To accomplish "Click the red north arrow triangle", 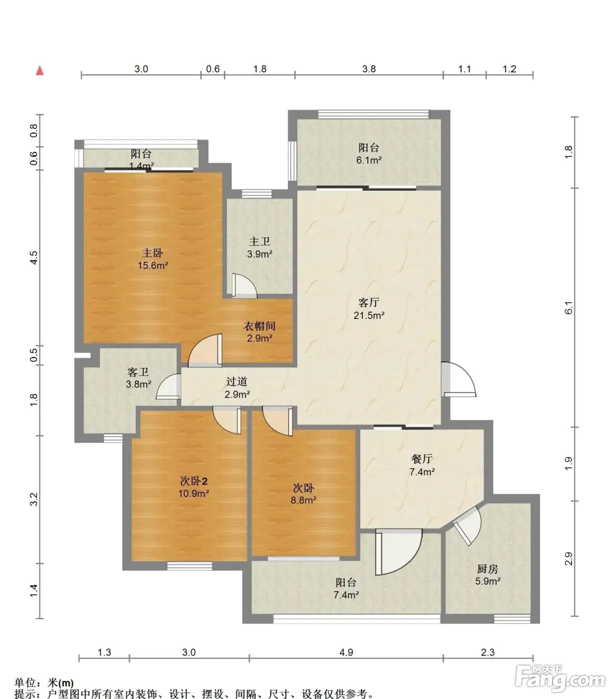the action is point(40,71).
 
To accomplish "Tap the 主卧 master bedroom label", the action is point(153,253).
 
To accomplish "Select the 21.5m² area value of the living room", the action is point(369,316).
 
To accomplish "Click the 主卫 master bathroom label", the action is point(259,242).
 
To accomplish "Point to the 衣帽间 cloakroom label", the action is point(259,326).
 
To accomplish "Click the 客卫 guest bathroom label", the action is point(138,372).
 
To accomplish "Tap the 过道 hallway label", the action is point(237,381).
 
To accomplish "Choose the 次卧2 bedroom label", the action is point(194,481).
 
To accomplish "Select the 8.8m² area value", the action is point(304,500).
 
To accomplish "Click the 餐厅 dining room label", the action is point(422,459).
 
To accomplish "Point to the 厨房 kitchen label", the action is point(488,569).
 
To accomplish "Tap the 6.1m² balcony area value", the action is point(369,160).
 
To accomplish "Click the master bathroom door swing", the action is point(244,286).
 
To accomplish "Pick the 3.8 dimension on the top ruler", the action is point(369,69).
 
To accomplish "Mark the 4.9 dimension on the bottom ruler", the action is point(346,652).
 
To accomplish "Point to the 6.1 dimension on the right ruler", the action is point(569,308).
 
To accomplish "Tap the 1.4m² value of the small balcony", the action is point(141,166).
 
